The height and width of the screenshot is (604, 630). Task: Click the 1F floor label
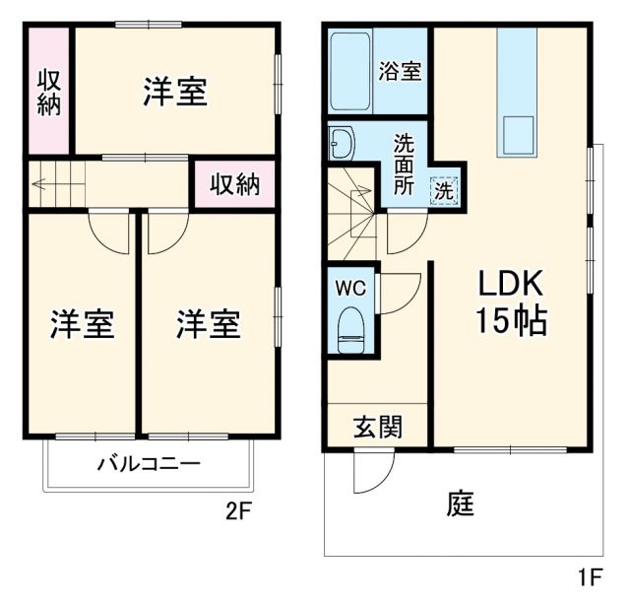590,574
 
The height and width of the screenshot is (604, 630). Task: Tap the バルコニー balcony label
148,463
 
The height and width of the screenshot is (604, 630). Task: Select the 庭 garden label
461,503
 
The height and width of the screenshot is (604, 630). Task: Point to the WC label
350,290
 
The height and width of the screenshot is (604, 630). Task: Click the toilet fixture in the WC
350,330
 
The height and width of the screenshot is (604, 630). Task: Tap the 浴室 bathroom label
401,71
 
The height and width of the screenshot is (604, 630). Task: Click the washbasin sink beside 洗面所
344,144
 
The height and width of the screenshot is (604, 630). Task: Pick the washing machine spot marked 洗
445,189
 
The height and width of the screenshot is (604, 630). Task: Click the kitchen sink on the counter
518,133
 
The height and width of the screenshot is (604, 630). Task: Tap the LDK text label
512,283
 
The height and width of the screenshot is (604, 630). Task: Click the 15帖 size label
512,321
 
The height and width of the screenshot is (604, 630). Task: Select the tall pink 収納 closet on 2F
48,92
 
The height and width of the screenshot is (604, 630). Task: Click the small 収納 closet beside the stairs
233,184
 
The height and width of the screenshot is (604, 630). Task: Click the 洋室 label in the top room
174,92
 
